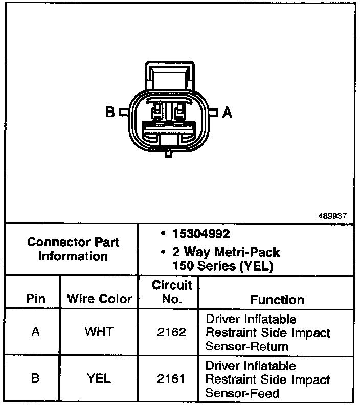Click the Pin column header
coord(35,299)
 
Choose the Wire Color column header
coord(100,299)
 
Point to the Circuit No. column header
coord(172,292)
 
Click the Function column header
coord(277,299)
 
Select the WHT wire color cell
coord(99,332)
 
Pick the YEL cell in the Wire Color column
coord(99,379)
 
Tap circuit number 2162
coord(172,332)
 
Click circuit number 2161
coord(172,379)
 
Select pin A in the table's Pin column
coord(35,332)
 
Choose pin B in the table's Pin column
coord(35,379)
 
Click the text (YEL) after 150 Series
coord(259,266)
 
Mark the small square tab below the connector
coord(168,152)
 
